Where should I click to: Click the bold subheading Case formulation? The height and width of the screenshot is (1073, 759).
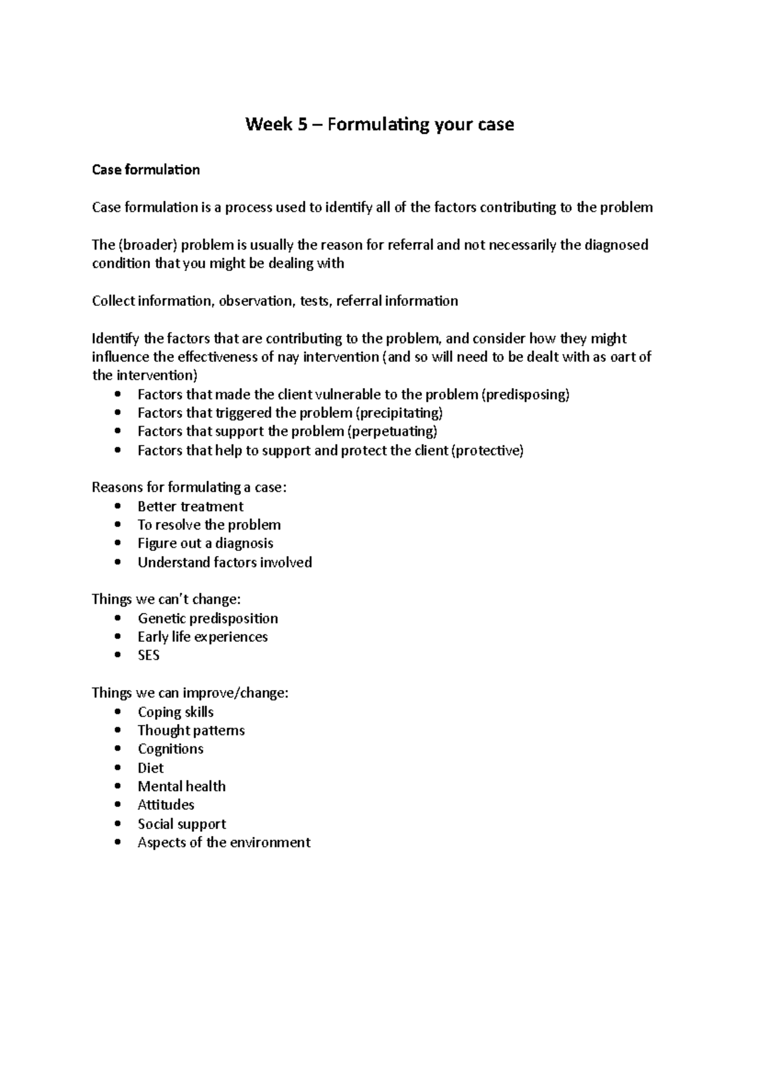[x=145, y=170]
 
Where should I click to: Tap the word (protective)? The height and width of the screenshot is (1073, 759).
[x=488, y=451]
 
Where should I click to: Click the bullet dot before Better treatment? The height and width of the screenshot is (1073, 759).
[x=118, y=507]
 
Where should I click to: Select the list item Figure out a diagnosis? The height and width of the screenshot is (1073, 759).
[x=206, y=543]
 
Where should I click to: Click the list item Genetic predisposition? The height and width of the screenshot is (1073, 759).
[x=207, y=619]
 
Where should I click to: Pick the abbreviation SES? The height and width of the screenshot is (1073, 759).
[x=149, y=655]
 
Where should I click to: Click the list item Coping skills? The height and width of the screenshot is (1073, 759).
[x=176, y=712]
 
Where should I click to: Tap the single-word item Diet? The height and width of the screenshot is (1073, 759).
[x=151, y=768]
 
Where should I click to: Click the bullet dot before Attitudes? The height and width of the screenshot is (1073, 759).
[x=118, y=805]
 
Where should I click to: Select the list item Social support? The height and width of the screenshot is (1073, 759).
[x=182, y=824]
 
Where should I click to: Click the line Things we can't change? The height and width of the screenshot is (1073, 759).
[x=166, y=599]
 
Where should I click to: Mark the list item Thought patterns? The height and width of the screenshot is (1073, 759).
[x=191, y=730]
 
